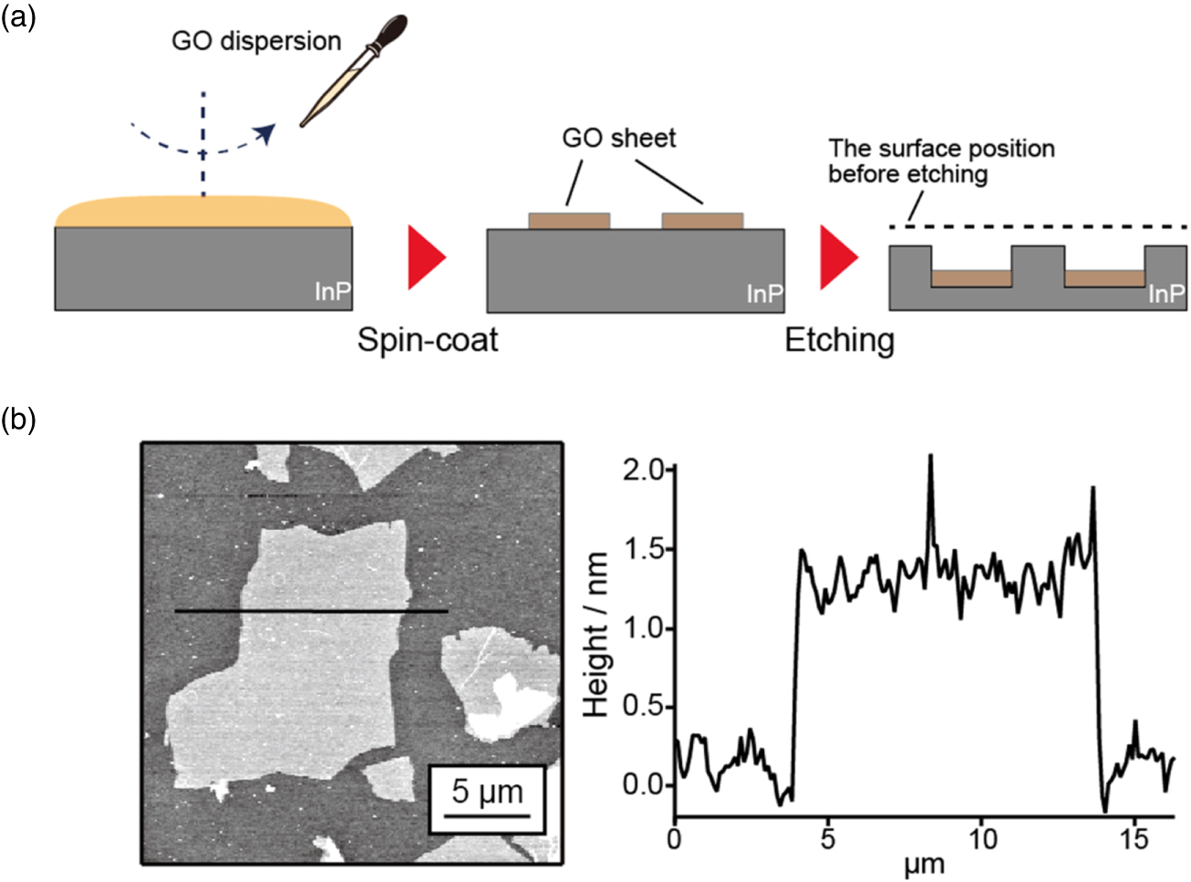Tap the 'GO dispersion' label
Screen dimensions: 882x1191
point(256,41)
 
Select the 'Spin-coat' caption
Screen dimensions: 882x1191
point(427,340)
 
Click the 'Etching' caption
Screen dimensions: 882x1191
point(839,340)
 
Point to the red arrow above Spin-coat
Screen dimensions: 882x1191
point(425,257)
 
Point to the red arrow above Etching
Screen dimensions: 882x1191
point(838,257)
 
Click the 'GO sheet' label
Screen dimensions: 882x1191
point(618,138)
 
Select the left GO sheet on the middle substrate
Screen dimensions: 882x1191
point(569,221)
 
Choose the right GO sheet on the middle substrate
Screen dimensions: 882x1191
point(702,221)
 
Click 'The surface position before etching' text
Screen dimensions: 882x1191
point(941,161)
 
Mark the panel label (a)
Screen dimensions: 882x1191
point(18,16)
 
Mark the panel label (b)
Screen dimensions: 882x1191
point(18,419)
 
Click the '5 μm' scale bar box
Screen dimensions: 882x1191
point(487,799)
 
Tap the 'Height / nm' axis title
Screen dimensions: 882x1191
point(596,634)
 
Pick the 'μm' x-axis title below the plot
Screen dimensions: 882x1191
point(924,864)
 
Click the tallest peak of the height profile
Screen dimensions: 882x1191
point(930,455)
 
